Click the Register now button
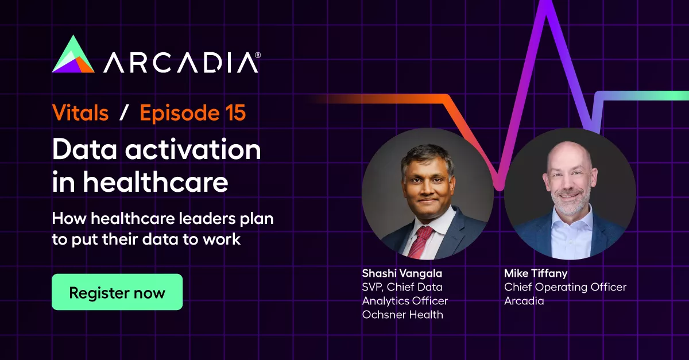117,292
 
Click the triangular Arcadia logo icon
73,56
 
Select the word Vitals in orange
80,113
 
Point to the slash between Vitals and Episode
123,114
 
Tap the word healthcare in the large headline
155,183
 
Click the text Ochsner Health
402,315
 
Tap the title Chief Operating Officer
565,287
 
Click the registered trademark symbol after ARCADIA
258,55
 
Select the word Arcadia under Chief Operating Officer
524,301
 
